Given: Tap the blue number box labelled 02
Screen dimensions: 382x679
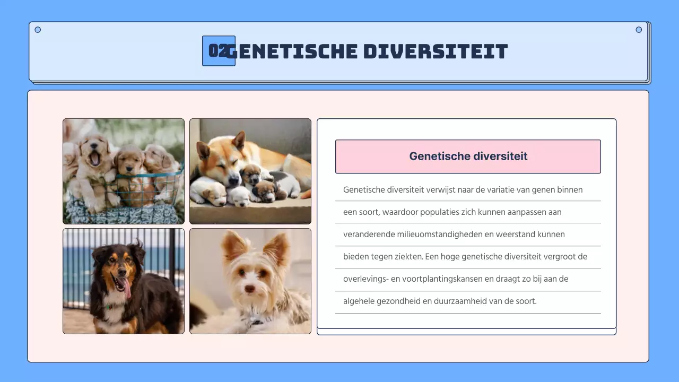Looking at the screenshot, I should [218, 51].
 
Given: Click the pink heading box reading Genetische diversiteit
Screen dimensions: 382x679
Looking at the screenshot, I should [468, 157].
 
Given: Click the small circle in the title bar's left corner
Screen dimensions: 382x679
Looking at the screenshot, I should [38, 30].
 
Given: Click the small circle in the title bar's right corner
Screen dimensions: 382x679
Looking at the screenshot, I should [639, 30].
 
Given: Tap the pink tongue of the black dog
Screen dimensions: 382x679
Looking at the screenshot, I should [126, 287].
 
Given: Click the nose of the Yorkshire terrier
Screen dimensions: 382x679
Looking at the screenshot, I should [249, 290].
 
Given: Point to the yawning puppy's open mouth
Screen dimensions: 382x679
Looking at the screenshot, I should [95, 158].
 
